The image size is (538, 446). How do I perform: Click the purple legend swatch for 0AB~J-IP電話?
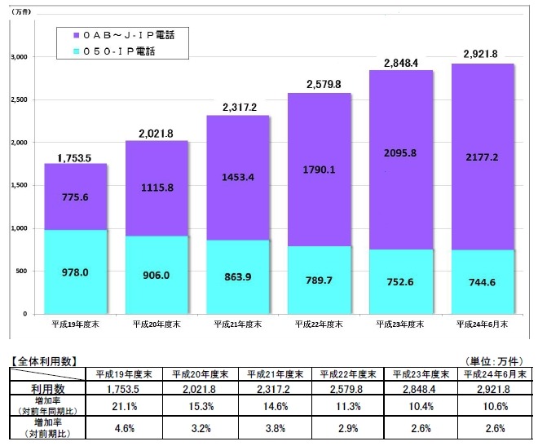pyautogui.click(x=75, y=35)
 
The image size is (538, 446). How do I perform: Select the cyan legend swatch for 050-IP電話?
pyautogui.click(x=75, y=51)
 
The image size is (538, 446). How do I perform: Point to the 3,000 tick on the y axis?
pyautogui.click(x=18, y=57)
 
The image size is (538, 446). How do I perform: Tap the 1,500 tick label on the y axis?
pyautogui.click(x=18, y=186)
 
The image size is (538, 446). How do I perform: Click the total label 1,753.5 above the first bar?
pyautogui.click(x=73, y=157)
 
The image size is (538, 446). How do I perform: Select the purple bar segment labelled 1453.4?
pyautogui.click(x=237, y=176)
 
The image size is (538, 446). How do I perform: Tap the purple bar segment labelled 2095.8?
pyautogui.click(x=400, y=152)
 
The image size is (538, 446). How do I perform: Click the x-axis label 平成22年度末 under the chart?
pyautogui.click(x=319, y=325)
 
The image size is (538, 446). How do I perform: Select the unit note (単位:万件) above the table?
pyautogui.click(x=498, y=360)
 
